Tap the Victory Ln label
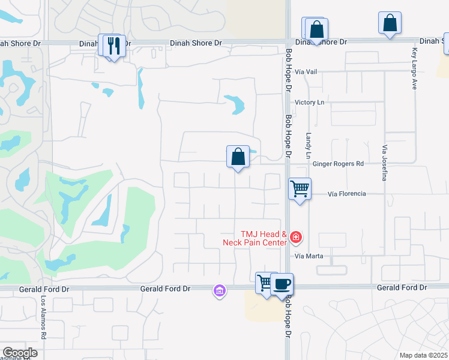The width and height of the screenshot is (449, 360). pos(309,103)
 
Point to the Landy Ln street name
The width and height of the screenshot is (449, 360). pos(309,146)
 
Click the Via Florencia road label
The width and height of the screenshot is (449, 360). pos(347,194)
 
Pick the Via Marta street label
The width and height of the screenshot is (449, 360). pos(309,256)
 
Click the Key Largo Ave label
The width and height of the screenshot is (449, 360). pos(414,69)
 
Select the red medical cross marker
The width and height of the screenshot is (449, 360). pos(295,238)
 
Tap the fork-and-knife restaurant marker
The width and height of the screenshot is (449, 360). pos(113,45)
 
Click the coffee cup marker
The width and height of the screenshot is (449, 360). pos(282,284)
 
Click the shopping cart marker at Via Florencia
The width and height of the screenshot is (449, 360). pos(300,189)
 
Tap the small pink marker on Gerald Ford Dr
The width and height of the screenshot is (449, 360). pos(220,292)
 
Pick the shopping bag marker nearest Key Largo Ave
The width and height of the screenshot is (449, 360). pos(390,23)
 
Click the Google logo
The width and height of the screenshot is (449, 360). pos(19,353)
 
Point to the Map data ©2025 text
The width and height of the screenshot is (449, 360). pos(423,355)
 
